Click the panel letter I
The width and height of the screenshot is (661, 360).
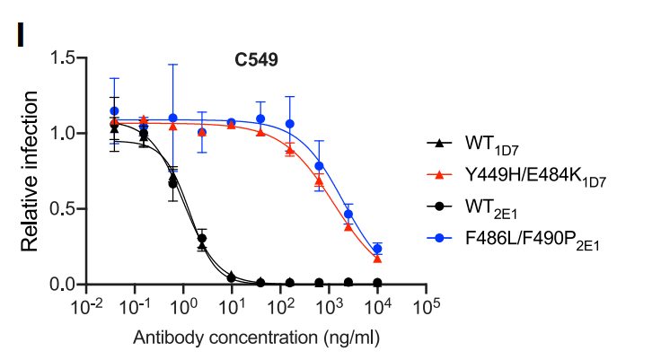click(x=18, y=35)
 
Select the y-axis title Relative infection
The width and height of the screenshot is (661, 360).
click(x=29, y=171)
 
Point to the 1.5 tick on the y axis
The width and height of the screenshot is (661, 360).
click(x=62, y=57)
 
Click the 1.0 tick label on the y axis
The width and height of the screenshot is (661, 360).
click(x=62, y=133)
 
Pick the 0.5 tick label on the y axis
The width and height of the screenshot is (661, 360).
click(x=62, y=209)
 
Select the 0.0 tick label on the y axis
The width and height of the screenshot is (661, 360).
click(x=62, y=285)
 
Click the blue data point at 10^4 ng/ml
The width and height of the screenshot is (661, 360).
click(x=378, y=249)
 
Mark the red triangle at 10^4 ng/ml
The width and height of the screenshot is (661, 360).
click(x=378, y=259)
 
